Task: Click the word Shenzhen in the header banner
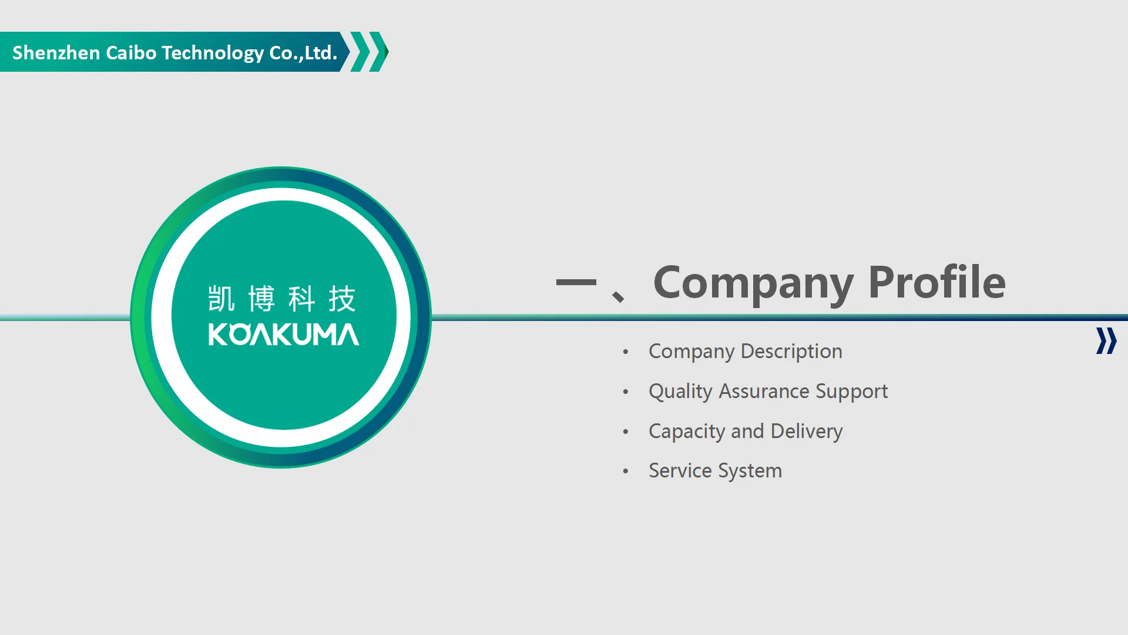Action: (x=56, y=53)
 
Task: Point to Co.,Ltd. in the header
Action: (x=303, y=53)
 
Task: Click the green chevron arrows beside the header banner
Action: (x=369, y=52)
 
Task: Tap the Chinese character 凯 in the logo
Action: (x=221, y=299)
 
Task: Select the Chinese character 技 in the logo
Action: (x=342, y=299)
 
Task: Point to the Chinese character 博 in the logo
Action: (x=261, y=299)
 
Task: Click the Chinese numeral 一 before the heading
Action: (x=576, y=283)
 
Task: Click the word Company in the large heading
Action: (x=753, y=284)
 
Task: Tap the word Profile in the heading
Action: (x=937, y=282)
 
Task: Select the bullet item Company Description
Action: (x=746, y=352)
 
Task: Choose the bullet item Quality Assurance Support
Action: (x=768, y=392)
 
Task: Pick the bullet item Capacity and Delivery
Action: (x=746, y=432)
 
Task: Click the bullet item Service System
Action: (x=716, y=471)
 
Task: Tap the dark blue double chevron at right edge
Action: (x=1106, y=341)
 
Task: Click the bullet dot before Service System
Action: (x=626, y=471)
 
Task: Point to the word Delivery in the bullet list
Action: (x=807, y=432)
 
